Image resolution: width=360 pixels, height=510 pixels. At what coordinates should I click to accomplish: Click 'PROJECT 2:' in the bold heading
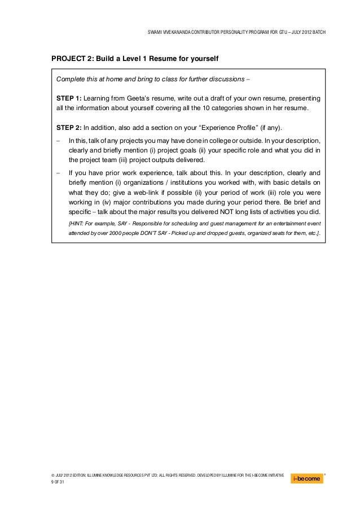coord(71,59)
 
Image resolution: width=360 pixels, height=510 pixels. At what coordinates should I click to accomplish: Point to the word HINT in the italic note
coord(77,223)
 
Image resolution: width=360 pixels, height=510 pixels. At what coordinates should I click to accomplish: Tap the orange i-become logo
coord(307,478)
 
